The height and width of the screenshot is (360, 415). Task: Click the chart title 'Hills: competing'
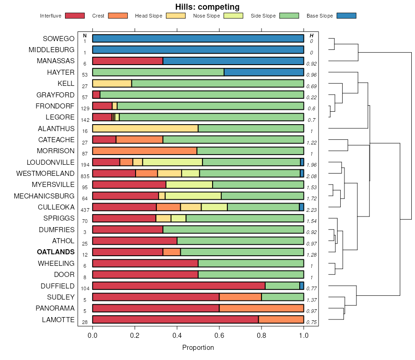point(207,7)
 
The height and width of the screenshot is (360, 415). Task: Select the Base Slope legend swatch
point(346,16)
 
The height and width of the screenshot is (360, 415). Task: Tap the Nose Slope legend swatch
point(233,16)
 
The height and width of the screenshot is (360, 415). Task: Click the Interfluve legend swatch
point(75,16)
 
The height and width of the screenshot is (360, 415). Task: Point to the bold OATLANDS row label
point(56,252)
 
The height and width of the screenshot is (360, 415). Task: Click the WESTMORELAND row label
point(45,174)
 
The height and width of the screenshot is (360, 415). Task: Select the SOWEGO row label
point(59,38)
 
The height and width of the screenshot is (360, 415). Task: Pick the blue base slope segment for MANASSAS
point(233,61)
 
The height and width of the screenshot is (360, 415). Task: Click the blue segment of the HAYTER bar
point(264,72)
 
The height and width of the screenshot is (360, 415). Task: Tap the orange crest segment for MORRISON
point(145,151)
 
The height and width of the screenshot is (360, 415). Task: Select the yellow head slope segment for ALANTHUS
point(145,128)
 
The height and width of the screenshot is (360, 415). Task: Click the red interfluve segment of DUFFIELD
point(179,286)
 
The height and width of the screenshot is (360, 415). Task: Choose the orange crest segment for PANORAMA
point(261,308)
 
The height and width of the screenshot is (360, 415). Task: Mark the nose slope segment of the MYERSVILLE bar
point(189,185)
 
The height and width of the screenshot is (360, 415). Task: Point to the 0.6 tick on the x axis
point(219,336)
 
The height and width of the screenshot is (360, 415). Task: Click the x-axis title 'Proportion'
point(198,348)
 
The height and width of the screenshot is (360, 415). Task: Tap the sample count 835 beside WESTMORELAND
point(85,176)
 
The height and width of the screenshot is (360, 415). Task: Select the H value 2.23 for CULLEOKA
point(312,210)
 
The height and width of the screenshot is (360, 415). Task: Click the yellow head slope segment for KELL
point(112,84)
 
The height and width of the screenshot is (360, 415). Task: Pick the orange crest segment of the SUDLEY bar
point(240,297)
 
